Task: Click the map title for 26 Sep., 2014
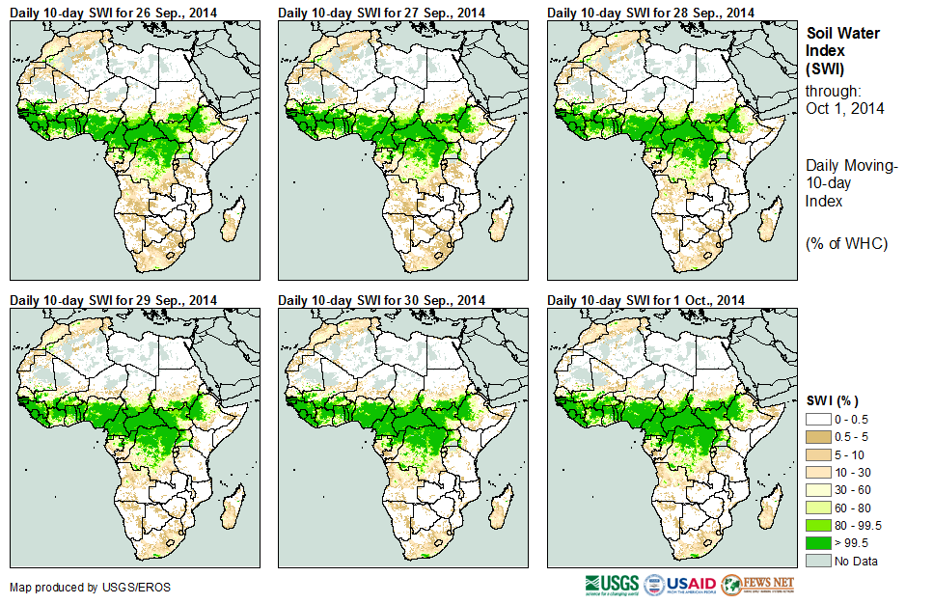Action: (x=114, y=12)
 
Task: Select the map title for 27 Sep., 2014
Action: (x=382, y=12)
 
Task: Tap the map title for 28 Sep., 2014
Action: (x=650, y=12)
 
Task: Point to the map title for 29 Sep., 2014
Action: (x=114, y=299)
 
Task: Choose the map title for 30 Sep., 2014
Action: (x=382, y=299)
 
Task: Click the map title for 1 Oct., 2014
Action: (x=646, y=299)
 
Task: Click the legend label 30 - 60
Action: (x=855, y=490)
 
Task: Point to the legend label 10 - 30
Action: (x=855, y=473)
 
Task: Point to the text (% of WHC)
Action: (x=846, y=243)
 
